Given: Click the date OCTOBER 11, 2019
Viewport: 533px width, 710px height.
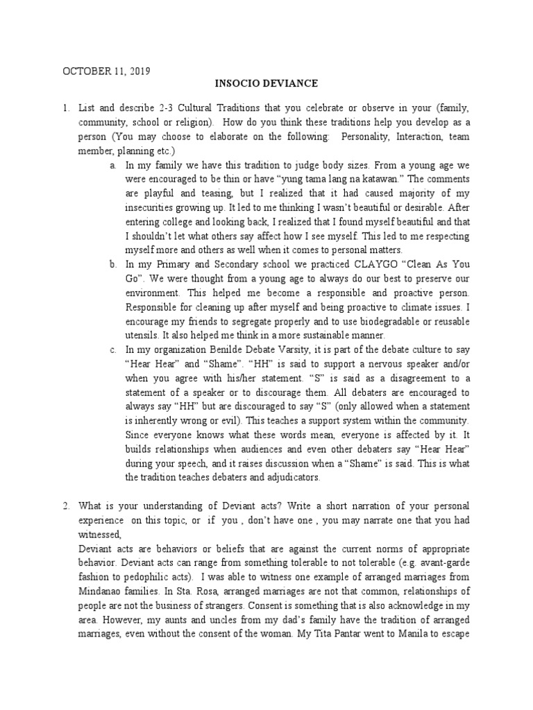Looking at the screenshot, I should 107,71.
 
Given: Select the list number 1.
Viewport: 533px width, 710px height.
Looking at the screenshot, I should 65,110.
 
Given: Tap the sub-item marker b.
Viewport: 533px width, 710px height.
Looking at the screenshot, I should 112,264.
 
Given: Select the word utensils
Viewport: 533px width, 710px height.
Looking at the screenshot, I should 142,334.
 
